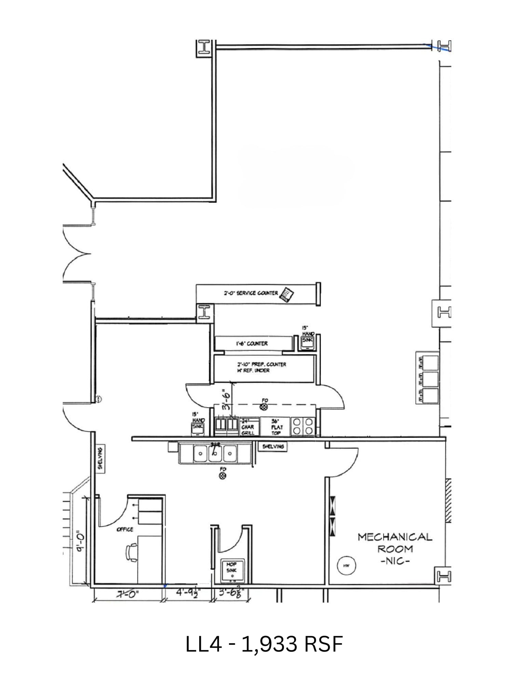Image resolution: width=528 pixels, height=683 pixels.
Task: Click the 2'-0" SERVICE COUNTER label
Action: [251, 293]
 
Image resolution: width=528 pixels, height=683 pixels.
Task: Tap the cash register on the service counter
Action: [287, 294]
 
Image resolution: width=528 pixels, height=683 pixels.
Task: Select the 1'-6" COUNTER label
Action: [252, 344]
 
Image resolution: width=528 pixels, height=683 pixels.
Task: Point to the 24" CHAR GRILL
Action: [248, 427]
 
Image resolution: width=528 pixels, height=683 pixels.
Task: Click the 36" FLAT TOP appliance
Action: [276, 427]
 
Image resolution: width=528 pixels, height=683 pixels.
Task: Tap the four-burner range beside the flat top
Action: [303, 427]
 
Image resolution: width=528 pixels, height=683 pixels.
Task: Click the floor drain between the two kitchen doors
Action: [264, 407]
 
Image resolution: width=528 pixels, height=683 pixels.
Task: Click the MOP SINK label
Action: [231, 567]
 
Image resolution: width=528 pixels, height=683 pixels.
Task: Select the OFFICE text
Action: [125, 529]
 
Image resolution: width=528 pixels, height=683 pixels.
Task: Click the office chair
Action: [132, 553]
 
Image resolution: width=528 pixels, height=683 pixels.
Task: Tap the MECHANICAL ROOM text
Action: [395, 543]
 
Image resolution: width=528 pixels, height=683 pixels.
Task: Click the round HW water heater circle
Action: [347, 566]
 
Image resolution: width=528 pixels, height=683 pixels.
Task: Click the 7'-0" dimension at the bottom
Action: [127, 595]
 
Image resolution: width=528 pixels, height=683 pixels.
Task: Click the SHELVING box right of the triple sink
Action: [273, 446]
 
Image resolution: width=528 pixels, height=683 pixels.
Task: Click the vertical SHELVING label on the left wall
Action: [100, 459]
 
